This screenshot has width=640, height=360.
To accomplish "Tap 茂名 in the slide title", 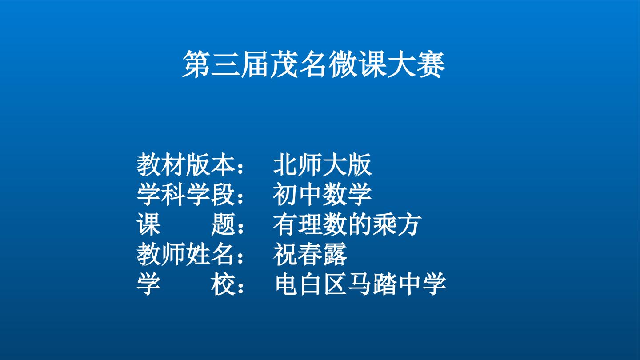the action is click(299, 64).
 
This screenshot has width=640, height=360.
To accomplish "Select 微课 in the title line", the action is click(357, 64).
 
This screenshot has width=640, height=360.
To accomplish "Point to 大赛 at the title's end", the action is click(416, 64).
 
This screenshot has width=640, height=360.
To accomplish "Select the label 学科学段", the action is click(186, 194).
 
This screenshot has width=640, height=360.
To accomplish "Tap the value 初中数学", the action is click(323, 194).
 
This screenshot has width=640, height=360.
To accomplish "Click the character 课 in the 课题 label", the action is click(148, 224).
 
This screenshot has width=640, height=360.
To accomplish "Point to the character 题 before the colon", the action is click(224, 224).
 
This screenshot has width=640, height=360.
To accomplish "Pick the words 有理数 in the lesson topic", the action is click(310, 224).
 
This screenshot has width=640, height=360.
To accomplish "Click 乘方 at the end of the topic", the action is click(397, 224).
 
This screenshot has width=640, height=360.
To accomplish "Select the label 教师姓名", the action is click(186, 254).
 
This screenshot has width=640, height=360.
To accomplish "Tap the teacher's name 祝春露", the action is click(310, 254).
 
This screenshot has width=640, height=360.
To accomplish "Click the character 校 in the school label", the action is click(224, 284).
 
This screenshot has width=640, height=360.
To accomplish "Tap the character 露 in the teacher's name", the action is click(335, 254).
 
